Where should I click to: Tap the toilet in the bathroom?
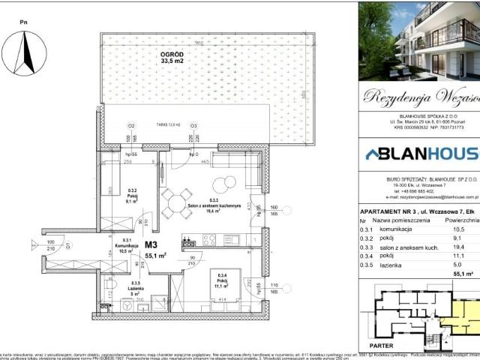pos(127,305)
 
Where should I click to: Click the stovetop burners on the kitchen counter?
pos(189,241)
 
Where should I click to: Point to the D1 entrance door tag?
pos(68,245)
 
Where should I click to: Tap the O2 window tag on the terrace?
pos(130,126)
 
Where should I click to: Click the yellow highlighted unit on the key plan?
pos(460,322)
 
